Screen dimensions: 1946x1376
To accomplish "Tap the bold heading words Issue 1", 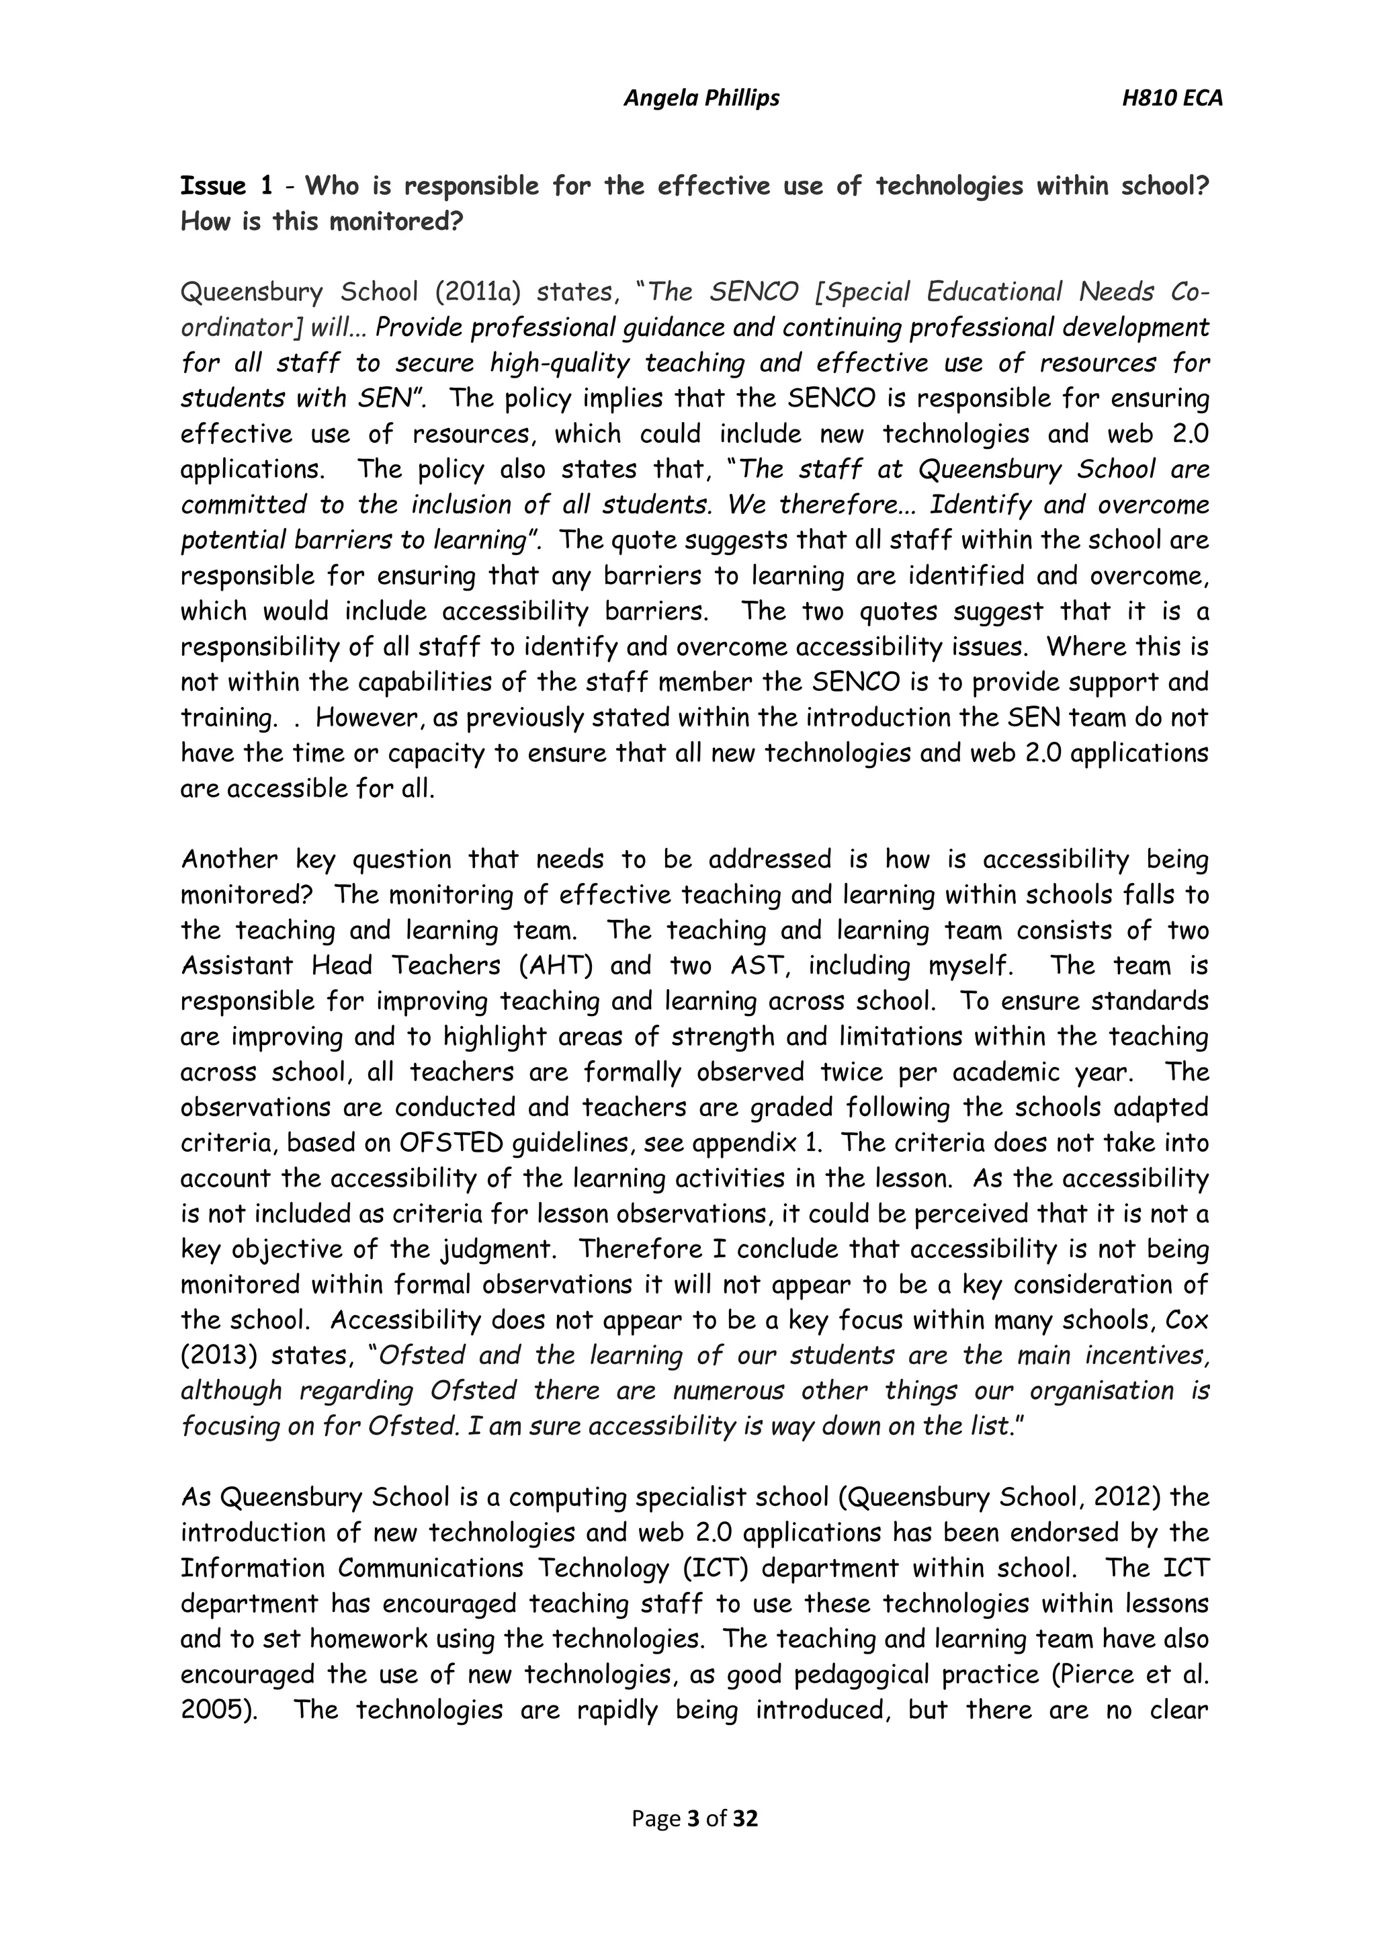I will pos(225,186).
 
